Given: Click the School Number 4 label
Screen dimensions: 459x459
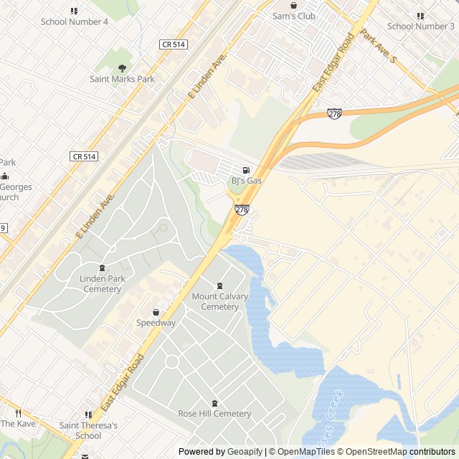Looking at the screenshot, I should (75, 22).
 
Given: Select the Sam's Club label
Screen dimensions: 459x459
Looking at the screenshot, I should (293, 16).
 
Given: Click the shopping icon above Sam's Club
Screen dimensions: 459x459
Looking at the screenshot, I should (293, 5).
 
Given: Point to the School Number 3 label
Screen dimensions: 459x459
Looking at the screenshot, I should (421, 27).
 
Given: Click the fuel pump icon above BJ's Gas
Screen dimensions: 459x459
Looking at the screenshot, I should (246, 170).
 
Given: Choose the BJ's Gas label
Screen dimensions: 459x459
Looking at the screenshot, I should (246, 181).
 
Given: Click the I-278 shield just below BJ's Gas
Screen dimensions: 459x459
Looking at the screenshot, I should (242, 209).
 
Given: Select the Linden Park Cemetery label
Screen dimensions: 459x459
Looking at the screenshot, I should (102, 284).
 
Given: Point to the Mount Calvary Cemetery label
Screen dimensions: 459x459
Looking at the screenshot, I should (219, 301).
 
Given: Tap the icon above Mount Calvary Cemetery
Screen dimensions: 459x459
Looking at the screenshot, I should (219, 286).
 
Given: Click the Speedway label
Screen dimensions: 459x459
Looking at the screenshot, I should (156, 323).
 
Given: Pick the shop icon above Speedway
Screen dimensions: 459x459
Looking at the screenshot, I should (156, 312).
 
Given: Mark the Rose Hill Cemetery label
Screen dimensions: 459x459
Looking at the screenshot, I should (214, 413).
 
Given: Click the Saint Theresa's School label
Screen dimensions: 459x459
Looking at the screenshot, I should (88, 430).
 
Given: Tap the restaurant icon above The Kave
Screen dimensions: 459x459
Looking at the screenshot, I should (18, 413).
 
